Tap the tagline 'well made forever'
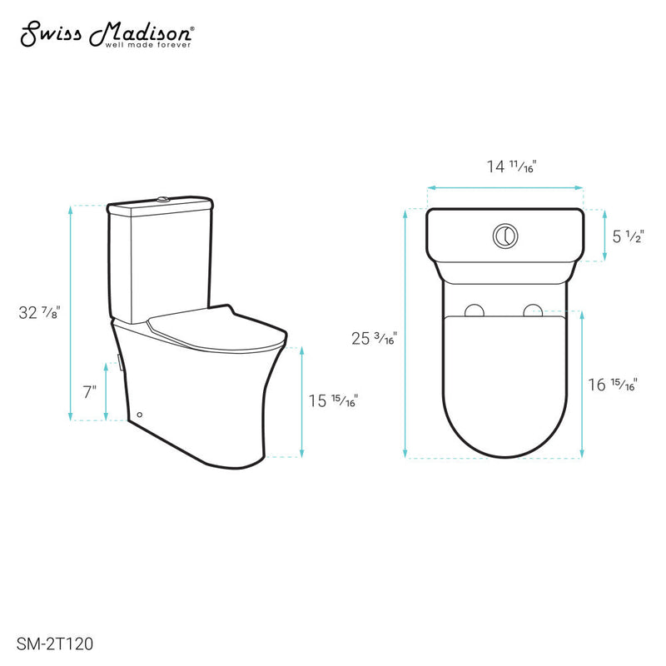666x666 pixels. point(148,45)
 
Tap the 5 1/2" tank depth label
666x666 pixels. point(627,236)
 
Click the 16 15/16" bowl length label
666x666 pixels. point(613,384)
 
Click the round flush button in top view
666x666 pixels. point(505,235)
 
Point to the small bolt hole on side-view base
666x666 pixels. point(138,414)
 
